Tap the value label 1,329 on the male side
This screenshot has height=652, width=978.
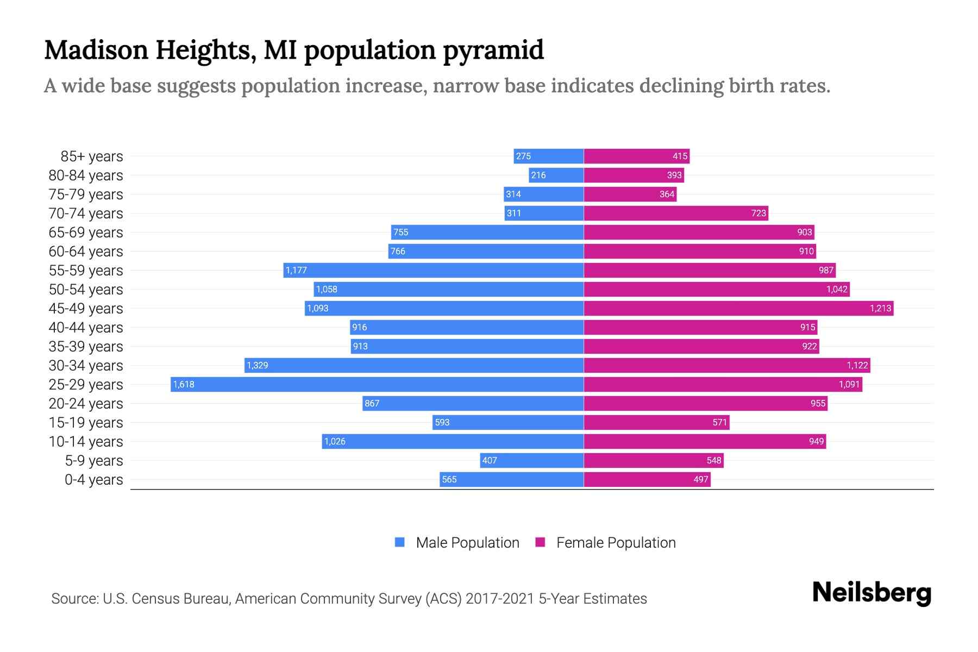(258, 365)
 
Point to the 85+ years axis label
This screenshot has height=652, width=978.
(91, 156)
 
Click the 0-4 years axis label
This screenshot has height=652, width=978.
(93, 480)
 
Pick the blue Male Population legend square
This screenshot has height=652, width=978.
(400, 542)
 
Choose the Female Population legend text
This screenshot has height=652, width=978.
(616, 543)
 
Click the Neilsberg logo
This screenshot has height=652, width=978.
(872, 593)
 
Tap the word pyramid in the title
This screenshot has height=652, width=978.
(493, 51)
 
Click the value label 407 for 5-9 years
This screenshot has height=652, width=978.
(490, 460)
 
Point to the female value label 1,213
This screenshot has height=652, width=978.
(880, 308)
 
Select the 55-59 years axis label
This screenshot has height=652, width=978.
(86, 271)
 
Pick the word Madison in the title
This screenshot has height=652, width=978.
(96, 51)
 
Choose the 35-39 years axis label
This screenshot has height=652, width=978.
(86, 347)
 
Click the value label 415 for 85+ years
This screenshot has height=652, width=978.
(680, 156)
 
